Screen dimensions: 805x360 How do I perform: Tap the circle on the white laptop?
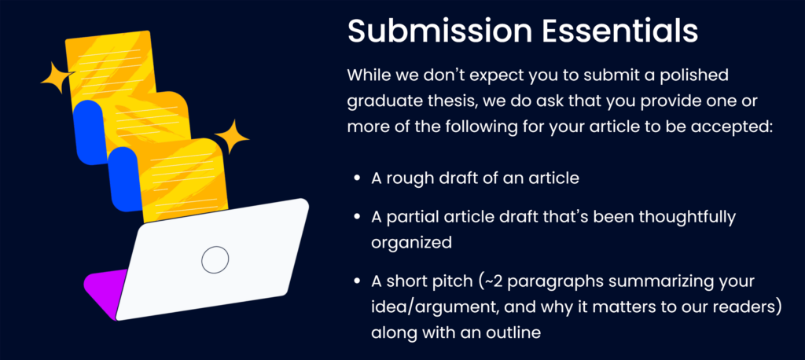pos(215,260)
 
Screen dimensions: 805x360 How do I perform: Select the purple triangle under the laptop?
pos(105,292)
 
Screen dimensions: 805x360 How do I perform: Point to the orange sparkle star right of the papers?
pos(232,137)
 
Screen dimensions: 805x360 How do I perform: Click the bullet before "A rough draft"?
pos(357,178)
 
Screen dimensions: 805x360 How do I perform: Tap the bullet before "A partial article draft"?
pos(357,217)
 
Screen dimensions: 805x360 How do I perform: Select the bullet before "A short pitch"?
pos(357,282)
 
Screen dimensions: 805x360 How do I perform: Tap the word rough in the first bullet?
pos(412,179)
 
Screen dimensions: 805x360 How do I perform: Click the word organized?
pos(411,242)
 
